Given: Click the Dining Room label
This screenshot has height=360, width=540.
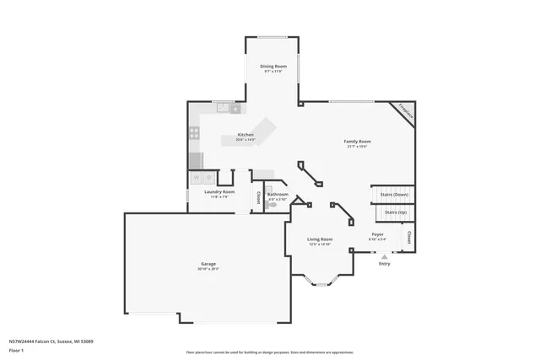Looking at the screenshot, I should pos(273,66).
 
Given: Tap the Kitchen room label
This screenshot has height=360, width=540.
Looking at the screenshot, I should pos(246,134).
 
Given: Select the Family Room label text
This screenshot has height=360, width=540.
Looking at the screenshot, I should pos(358,141).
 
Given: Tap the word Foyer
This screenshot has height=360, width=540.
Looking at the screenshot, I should pos(377,234).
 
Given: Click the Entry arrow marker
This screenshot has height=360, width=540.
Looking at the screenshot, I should pos(385,256).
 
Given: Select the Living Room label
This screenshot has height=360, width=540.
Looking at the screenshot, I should pos(320,239).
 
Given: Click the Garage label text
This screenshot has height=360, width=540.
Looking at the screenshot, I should pos(208,264).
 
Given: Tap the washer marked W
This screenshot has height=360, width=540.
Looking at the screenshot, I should pos(197,178).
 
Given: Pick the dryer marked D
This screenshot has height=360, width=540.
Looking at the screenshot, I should pos(208,178).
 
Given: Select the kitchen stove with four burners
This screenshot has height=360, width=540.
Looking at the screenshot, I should pos(194,132).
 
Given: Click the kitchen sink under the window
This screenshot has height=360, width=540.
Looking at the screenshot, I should pos(224,107).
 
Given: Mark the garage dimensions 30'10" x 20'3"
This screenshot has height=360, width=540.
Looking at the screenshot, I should pos(208,269).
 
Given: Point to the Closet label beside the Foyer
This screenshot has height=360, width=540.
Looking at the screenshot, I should pos(409,237).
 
